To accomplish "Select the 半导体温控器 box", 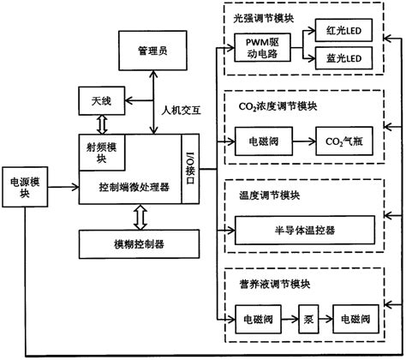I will click(x=305, y=229).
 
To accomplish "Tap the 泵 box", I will click(x=306, y=318).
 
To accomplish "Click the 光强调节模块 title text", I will click(x=260, y=15).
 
